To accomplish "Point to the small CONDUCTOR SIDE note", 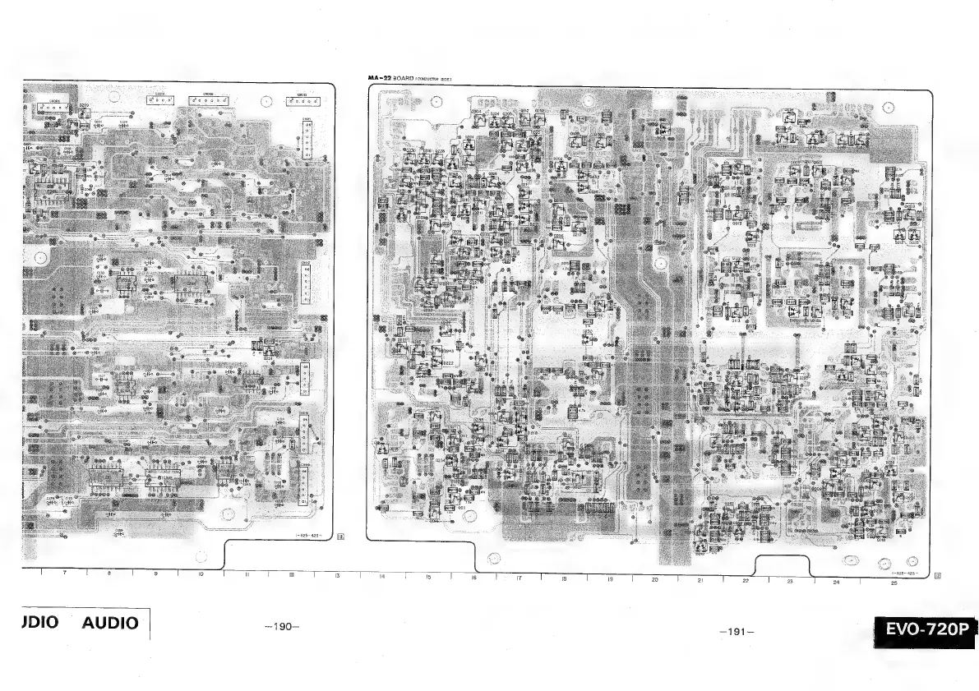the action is point(436,79).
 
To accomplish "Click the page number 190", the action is point(283,627).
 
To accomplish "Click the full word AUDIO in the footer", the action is point(110,623).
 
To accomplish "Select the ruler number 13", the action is point(337,577).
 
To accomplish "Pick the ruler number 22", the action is point(746,582).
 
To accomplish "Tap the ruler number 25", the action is point(893,583).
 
